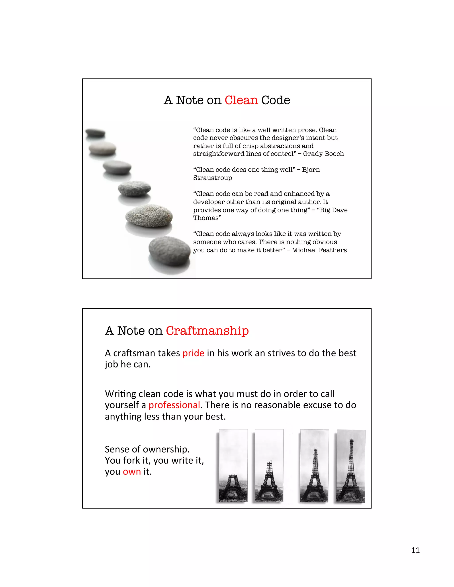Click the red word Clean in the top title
click(x=241, y=100)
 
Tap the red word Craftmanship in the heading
click(x=207, y=331)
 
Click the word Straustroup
click(x=212, y=178)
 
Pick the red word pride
click(x=193, y=353)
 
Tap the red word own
click(x=132, y=471)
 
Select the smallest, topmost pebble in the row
click(x=95, y=132)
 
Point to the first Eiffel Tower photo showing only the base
click(x=233, y=466)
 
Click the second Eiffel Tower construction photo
click(x=269, y=466)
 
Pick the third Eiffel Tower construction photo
click(x=314, y=466)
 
